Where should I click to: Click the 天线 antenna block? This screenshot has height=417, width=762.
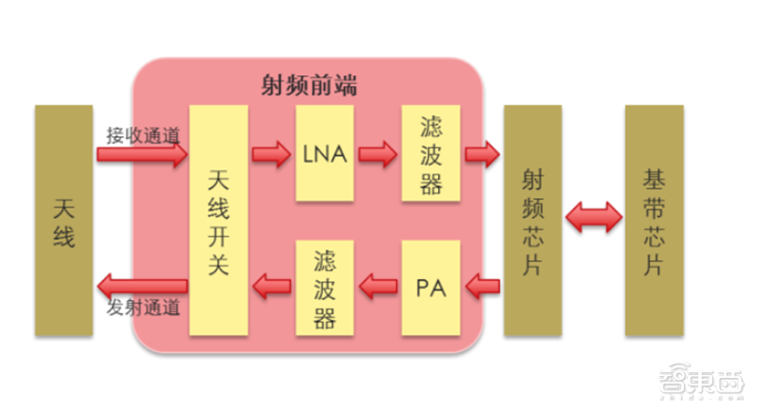pos(63,220)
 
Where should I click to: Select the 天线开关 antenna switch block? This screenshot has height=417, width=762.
pos(217,220)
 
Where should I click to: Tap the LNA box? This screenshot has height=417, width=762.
pos(324,152)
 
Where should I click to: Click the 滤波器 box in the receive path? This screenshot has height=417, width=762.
pos(431,152)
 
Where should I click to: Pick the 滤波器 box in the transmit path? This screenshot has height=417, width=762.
pos(324,286)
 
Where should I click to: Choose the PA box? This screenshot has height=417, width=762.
pos(431,286)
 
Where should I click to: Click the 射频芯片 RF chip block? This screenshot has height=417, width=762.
pos(532,220)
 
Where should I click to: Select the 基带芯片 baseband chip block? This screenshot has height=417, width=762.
pos(653,220)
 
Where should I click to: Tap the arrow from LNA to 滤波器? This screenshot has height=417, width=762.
pos(376,153)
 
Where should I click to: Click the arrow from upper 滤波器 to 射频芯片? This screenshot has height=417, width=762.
pos(482,153)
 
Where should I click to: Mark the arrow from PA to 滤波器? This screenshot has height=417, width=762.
pos(377,283)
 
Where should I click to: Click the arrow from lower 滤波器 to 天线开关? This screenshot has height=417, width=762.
pos(271,283)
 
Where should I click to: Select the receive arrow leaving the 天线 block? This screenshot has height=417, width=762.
pos(142,155)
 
